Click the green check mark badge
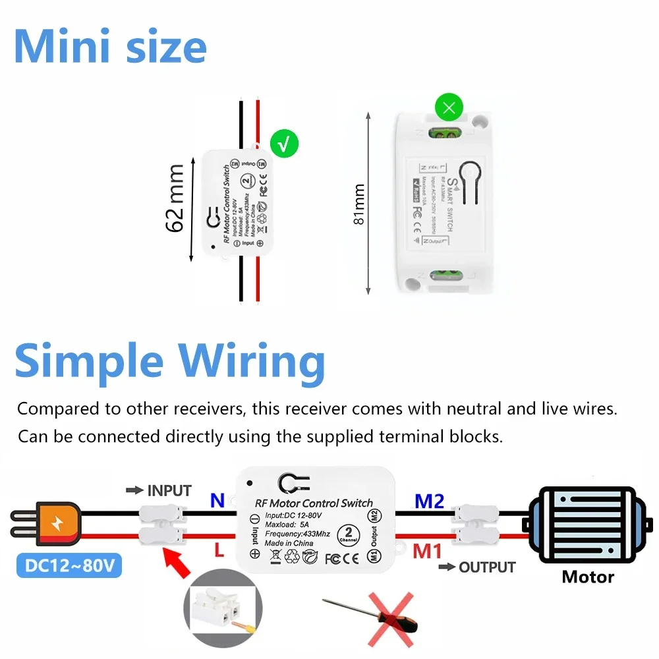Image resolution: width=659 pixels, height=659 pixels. coord(284,144)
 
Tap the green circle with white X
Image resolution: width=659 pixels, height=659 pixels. coord(449,107)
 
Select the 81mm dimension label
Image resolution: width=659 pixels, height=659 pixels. coord(359,204)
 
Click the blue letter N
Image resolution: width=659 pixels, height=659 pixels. coord(217,501)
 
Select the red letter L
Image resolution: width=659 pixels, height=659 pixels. coord(219,549)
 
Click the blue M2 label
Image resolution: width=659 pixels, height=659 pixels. coord(430,501)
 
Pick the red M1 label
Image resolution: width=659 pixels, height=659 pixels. coord(428,550)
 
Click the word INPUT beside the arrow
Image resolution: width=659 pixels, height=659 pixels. coord(169,491)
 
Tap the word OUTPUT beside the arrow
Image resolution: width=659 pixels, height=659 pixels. coord(486,567)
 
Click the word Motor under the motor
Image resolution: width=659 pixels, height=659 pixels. coord(588,577)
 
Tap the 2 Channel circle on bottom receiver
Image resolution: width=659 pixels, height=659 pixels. coord(347,534)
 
